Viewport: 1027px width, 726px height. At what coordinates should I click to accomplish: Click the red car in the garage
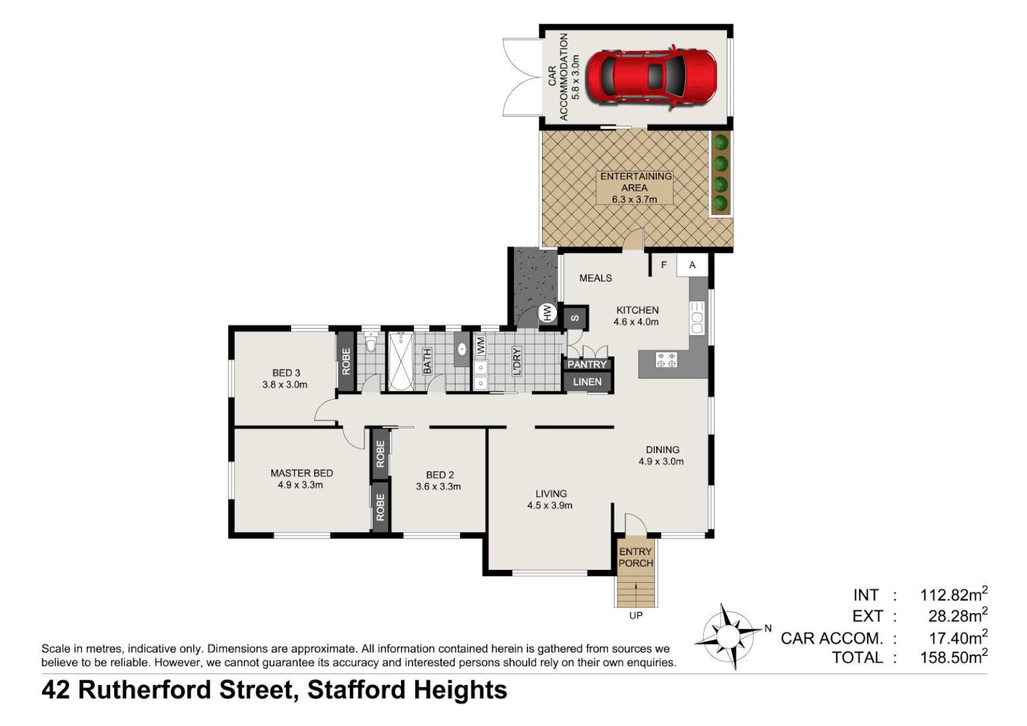pos(650,75)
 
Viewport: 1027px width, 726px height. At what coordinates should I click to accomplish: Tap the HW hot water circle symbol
pos(547,313)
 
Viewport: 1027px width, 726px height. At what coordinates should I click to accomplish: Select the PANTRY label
pos(586,364)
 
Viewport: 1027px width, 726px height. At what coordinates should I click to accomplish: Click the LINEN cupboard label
pos(587,382)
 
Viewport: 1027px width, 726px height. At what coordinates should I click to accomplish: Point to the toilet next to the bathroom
pos(371,344)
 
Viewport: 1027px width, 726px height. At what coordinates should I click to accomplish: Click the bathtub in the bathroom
pos(400,361)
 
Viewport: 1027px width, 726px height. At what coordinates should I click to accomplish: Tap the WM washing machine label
pos(480,346)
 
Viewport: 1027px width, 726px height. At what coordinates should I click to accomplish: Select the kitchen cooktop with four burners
pos(666,360)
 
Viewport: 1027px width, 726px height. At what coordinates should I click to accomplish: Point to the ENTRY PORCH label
pos(635,557)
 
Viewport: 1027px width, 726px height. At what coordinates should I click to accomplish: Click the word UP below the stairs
pos(635,615)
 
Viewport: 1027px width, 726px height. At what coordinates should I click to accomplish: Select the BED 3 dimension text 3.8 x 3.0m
pos(285,385)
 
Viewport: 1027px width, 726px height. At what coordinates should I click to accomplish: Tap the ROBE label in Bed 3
pos(346,361)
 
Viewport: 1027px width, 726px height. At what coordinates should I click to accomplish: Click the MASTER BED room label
pos(302,473)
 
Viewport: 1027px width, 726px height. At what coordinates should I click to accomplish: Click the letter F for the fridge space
pos(664,265)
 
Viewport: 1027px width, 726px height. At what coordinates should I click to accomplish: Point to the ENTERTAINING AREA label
pos(635,182)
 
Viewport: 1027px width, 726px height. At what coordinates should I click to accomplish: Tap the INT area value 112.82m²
pos(953,595)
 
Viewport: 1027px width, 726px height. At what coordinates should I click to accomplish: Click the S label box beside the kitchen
pos(576,318)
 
